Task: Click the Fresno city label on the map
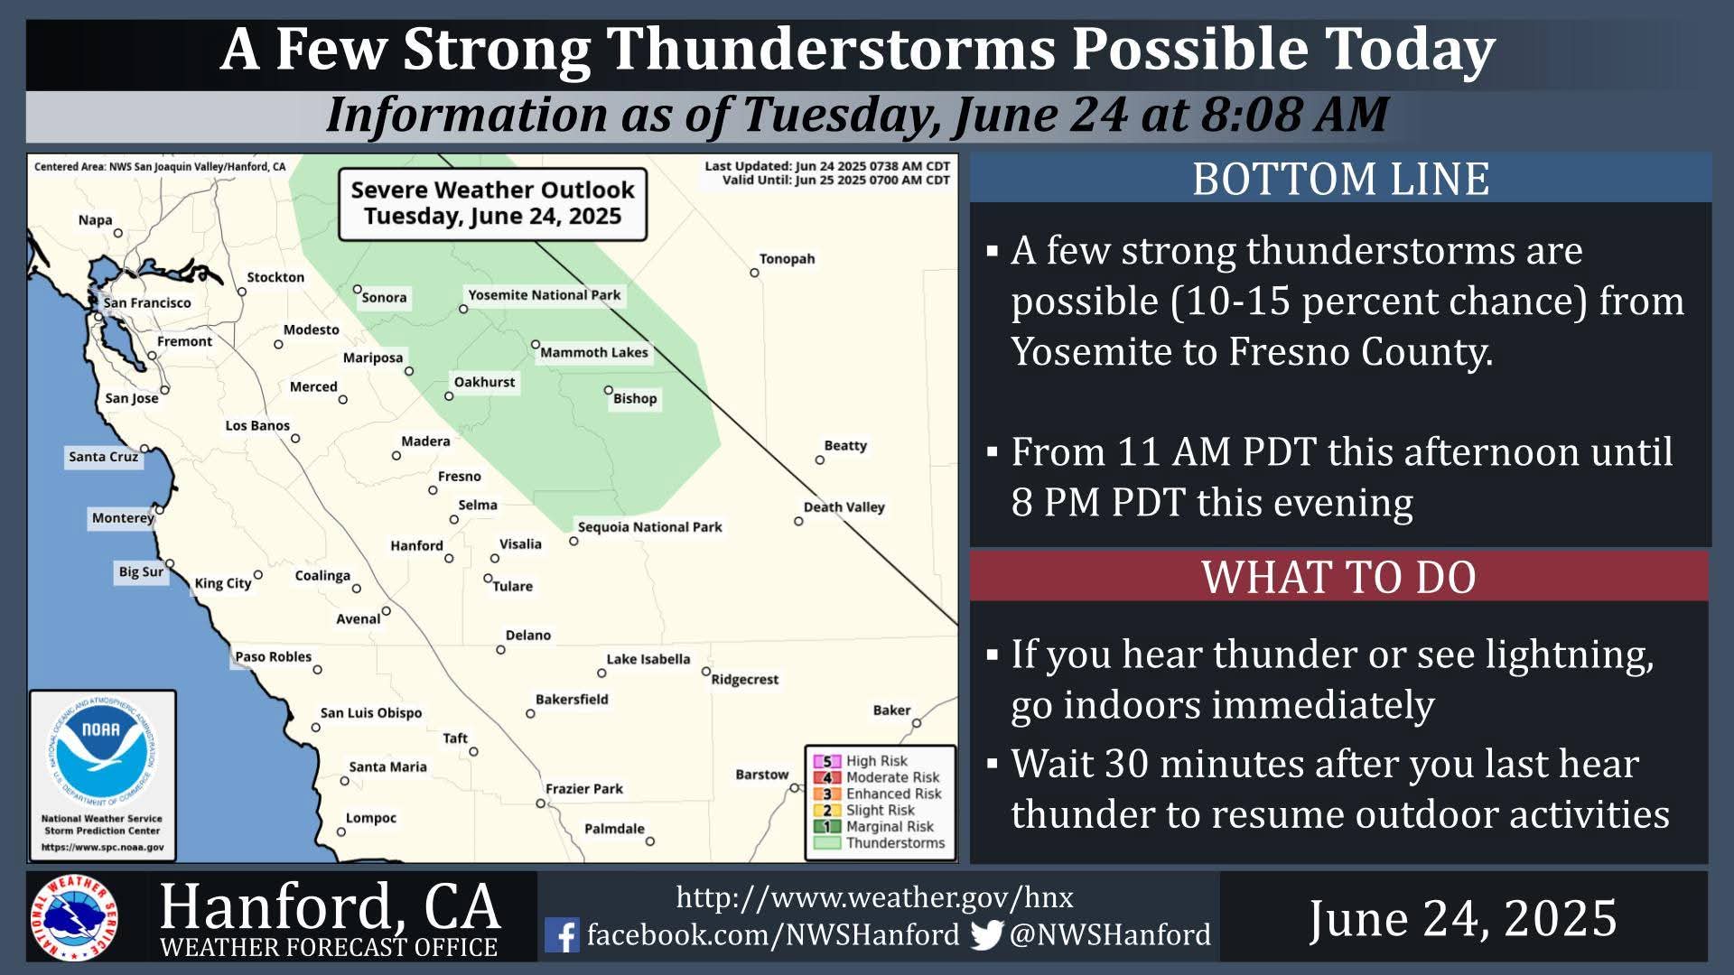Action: click(x=459, y=477)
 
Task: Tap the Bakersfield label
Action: click(x=572, y=700)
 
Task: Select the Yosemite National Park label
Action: click(x=544, y=295)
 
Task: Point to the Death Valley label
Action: click(x=844, y=507)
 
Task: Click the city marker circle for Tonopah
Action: click(x=754, y=273)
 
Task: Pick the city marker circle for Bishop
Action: click(x=608, y=391)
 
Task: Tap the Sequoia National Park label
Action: click(x=649, y=527)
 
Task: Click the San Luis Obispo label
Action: click(x=370, y=713)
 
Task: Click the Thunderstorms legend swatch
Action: click(x=826, y=843)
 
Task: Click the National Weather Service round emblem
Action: click(x=74, y=918)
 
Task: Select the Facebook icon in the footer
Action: click(x=562, y=935)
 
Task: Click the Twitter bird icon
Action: click(x=987, y=935)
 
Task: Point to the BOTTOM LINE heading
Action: click(x=1340, y=179)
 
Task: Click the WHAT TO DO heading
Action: click(x=1338, y=578)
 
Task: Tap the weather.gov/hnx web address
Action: click(x=874, y=897)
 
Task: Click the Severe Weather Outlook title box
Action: click(x=492, y=204)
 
